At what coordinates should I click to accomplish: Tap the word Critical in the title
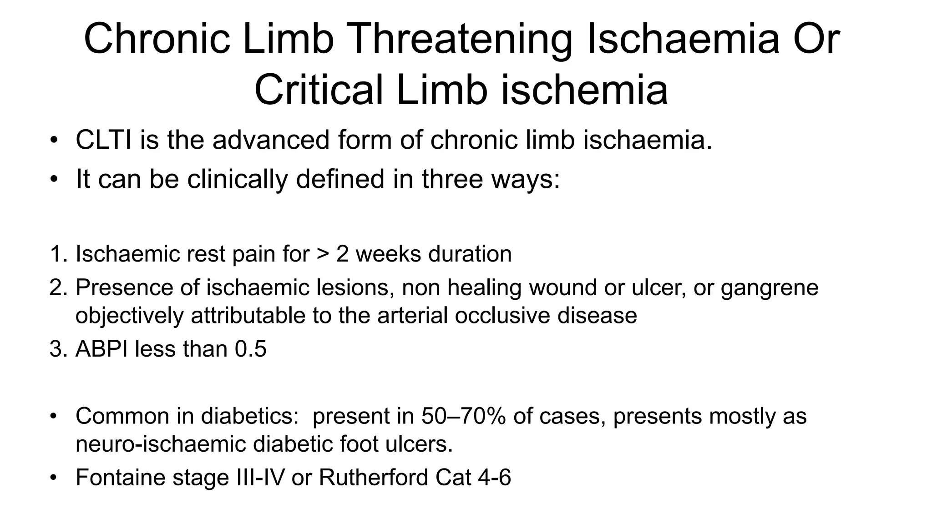pos(319,90)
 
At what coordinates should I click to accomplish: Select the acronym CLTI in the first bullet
pos(103,140)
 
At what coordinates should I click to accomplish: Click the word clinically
pos(238,179)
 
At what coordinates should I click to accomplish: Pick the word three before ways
pos(452,179)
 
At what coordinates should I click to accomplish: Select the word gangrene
pos(770,287)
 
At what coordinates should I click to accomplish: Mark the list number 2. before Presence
pos(58,287)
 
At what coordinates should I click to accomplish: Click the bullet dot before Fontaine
pos(54,478)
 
